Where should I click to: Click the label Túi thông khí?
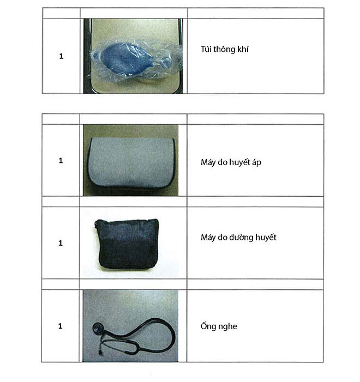[224, 49]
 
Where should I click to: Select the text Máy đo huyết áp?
[231, 162]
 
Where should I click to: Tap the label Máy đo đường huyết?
[238, 237]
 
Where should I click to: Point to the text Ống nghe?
[219, 326]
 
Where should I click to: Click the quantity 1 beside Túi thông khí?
[61, 56]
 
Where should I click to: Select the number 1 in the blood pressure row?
[61, 161]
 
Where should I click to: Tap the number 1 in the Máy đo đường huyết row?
[61, 243]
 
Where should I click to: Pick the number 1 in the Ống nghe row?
[60, 326]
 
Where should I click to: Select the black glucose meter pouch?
[127, 244]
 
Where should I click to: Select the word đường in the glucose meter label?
[241, 237]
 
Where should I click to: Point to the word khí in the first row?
[243, 49]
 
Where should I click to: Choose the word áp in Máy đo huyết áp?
[256, 163]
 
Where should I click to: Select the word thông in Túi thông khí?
[224, 50]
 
